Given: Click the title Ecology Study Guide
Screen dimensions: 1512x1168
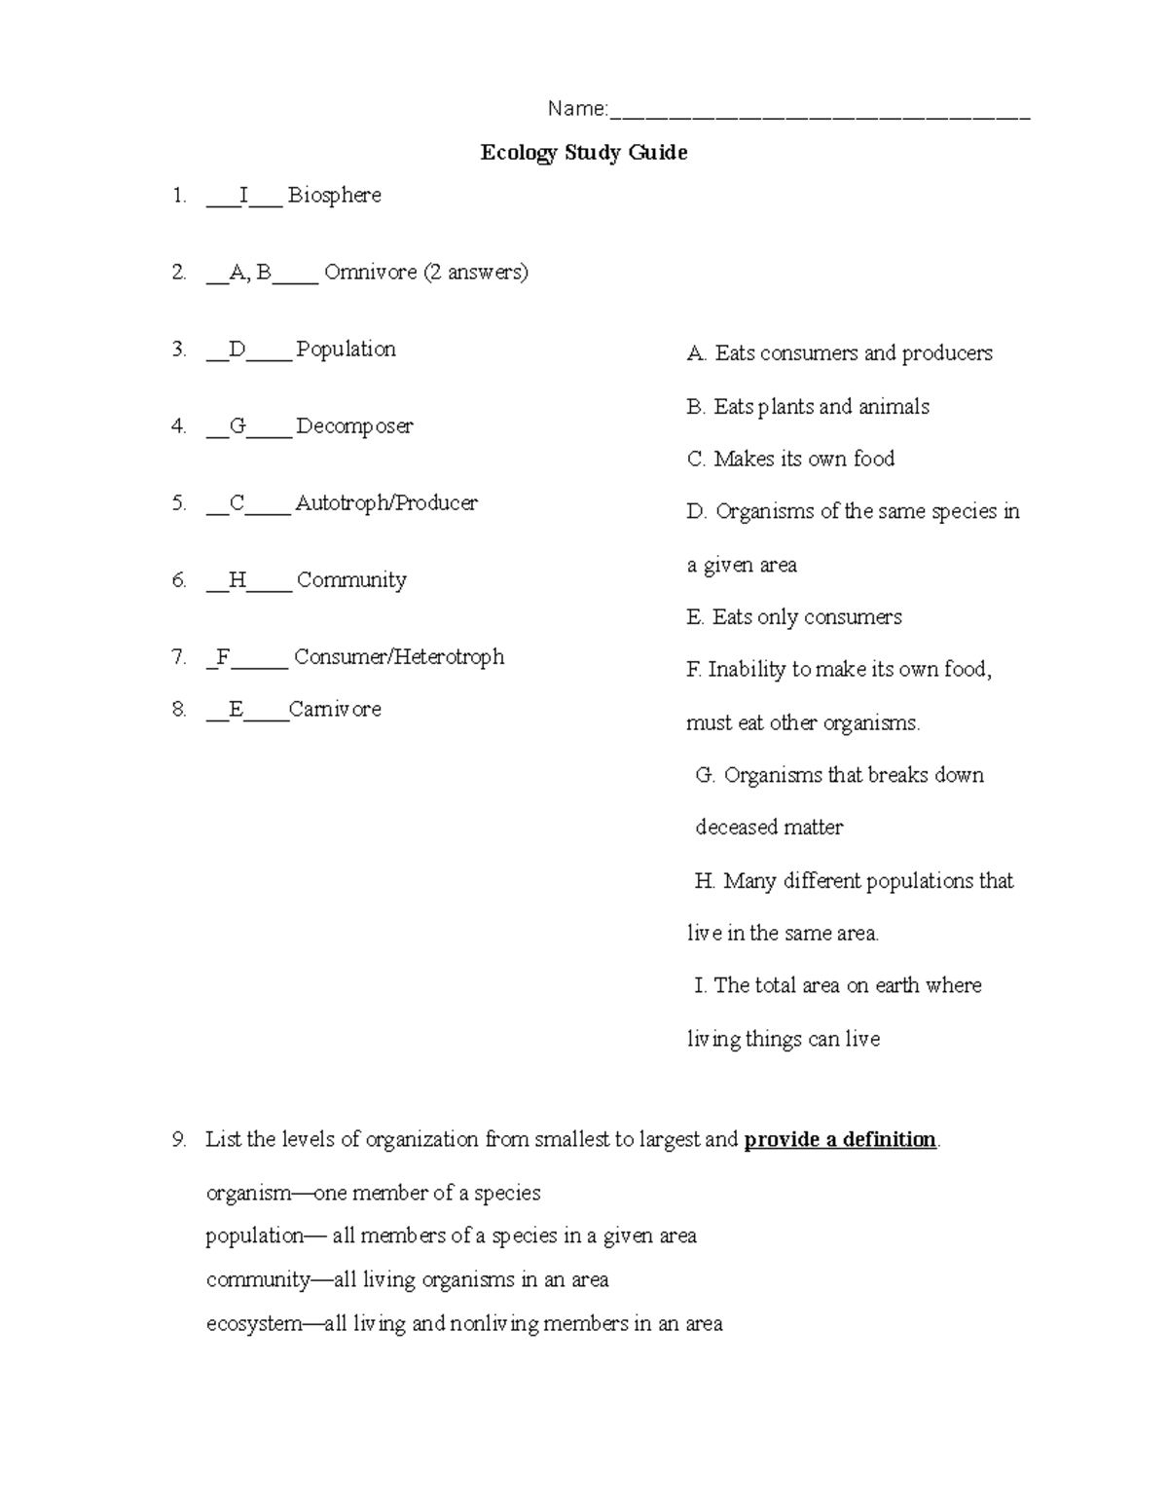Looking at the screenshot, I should [x=584, y=153].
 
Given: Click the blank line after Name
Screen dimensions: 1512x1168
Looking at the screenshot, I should [x=820, y=115].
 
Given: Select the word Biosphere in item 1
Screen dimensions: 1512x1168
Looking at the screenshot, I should [x=335, y=196].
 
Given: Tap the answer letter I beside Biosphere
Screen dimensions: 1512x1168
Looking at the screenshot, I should [x=243, y=196].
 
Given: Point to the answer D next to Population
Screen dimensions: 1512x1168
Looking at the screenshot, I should [x=237, y=350].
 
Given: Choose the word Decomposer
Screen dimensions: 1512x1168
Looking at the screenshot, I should [x=354, y=426].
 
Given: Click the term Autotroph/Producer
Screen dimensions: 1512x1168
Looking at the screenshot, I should [x=386, y=503].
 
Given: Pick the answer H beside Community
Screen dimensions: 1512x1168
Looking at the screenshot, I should [x=237, y=580].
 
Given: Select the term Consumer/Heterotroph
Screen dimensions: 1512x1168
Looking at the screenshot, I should [x=399, y=657].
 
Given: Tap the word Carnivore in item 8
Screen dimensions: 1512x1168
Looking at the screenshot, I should [x=335, y=710].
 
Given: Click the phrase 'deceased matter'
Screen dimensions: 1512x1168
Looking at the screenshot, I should [x=769, y=828].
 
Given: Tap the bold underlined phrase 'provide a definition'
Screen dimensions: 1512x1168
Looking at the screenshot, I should [x=840, y=1140].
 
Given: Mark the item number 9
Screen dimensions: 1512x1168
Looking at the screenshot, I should [x=178, y=1140].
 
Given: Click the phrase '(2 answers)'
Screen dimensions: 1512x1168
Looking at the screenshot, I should [x=476, y=273].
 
